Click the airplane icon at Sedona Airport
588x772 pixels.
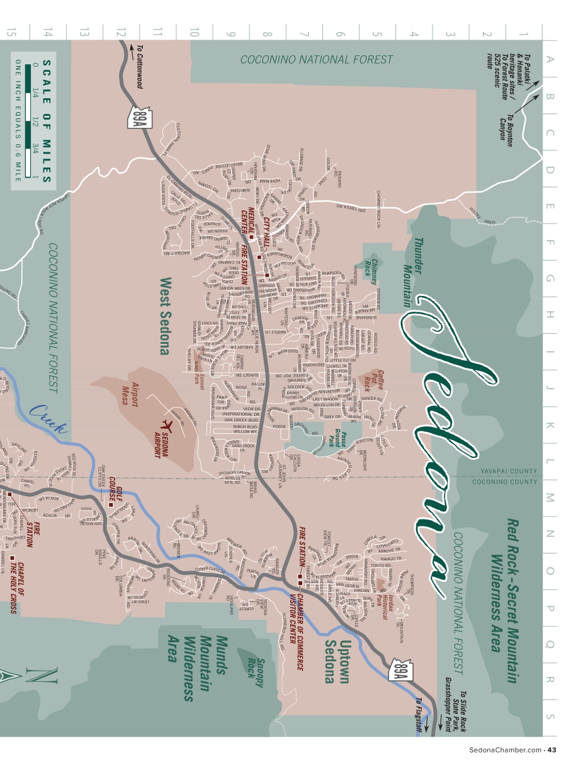[169, 424]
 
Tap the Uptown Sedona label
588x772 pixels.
[336, 661]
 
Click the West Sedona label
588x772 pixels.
[165, 316]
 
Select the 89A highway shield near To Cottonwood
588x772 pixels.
[138, 117]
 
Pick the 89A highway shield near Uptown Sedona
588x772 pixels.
[401, 670]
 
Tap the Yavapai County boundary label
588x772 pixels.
[509, 471]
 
